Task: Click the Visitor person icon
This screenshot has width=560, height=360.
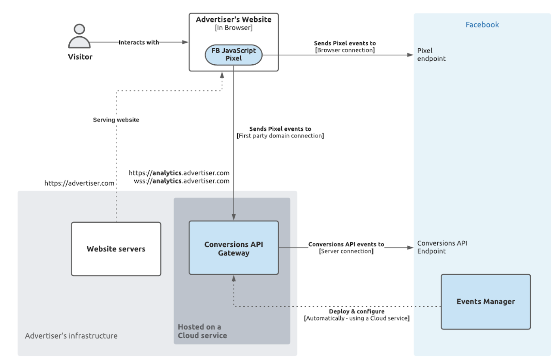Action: [79, 36]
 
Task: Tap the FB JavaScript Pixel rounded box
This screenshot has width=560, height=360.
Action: [233, 55]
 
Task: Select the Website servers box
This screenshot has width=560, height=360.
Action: [116, 249]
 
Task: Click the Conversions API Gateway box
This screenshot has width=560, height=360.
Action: [233, 248]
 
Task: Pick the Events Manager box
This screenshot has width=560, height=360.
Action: [485, 302]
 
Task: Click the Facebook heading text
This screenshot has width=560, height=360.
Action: [482, 25]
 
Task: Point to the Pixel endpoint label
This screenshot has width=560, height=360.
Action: [431, 54]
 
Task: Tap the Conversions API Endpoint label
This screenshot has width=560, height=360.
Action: [442, 247]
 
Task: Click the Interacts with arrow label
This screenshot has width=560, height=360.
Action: [139, 42]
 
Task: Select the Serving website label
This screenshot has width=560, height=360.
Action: [116, 120]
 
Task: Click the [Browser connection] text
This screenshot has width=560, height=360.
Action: [345, 50]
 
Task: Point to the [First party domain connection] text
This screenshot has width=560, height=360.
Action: [280, 136]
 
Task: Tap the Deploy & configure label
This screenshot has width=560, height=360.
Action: [356, 311]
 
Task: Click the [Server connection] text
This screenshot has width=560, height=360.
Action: [346, 251]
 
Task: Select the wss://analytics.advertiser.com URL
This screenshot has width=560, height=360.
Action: [181, 181]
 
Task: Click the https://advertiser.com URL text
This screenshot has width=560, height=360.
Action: [79, 183]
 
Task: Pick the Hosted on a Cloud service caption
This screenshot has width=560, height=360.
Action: [202, 331]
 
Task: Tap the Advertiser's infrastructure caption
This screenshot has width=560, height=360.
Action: [71, 336]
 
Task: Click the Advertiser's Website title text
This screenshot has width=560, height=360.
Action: [233, 19]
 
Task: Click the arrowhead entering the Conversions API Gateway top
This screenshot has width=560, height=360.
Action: [234, 217]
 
